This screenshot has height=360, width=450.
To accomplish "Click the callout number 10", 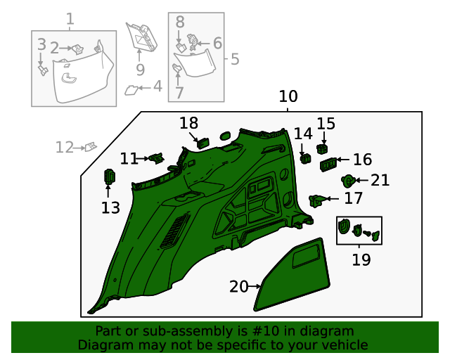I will [288, 96].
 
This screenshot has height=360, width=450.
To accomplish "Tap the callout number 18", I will [188, 123].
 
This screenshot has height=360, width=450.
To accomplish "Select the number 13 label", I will [110, 207].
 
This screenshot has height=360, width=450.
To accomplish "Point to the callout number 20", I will [238, 286].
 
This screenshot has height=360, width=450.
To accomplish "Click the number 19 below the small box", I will [361, 259].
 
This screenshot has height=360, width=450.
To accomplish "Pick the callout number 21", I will [380, 181].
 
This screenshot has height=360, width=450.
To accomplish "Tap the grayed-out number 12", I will [65, 147].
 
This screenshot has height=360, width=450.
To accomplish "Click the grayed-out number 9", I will [140, 70].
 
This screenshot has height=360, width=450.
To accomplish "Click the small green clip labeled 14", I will [305, 158].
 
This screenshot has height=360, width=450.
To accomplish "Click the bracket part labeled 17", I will [318, 200].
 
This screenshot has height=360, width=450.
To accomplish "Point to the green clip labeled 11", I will [157, 158].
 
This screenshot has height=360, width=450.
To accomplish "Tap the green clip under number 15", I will [323, 149].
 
